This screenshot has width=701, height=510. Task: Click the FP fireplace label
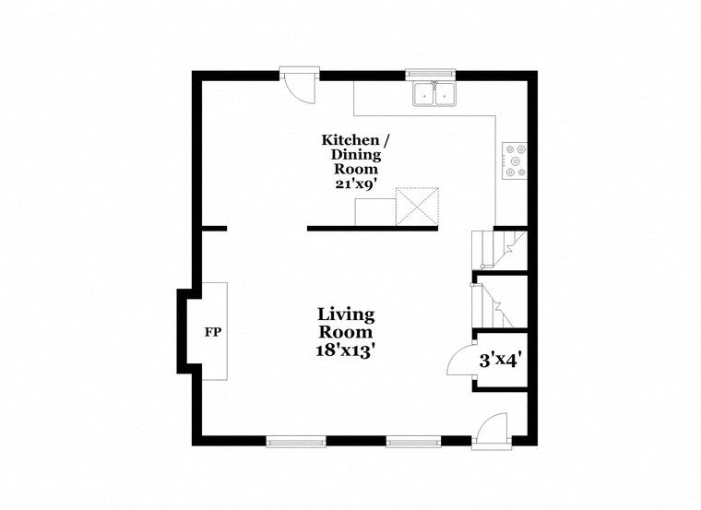point(211,331)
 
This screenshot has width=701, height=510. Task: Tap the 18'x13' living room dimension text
point(346,350)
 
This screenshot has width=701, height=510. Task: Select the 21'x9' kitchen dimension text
point(355,184)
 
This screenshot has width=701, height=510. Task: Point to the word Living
point(346,314)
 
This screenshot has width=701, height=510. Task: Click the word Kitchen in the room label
point(350,140)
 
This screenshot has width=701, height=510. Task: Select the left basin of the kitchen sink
point(426,92)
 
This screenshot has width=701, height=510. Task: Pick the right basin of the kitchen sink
point(446,92)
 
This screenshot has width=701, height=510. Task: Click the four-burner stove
point(514,160)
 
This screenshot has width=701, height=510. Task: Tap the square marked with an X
point(417,206)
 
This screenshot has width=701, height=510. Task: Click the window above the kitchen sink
point(432,74)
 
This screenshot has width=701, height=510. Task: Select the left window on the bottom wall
point(295,442)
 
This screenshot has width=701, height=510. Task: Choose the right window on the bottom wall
point(414,442)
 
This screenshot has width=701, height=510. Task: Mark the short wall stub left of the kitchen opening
point(214,228)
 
